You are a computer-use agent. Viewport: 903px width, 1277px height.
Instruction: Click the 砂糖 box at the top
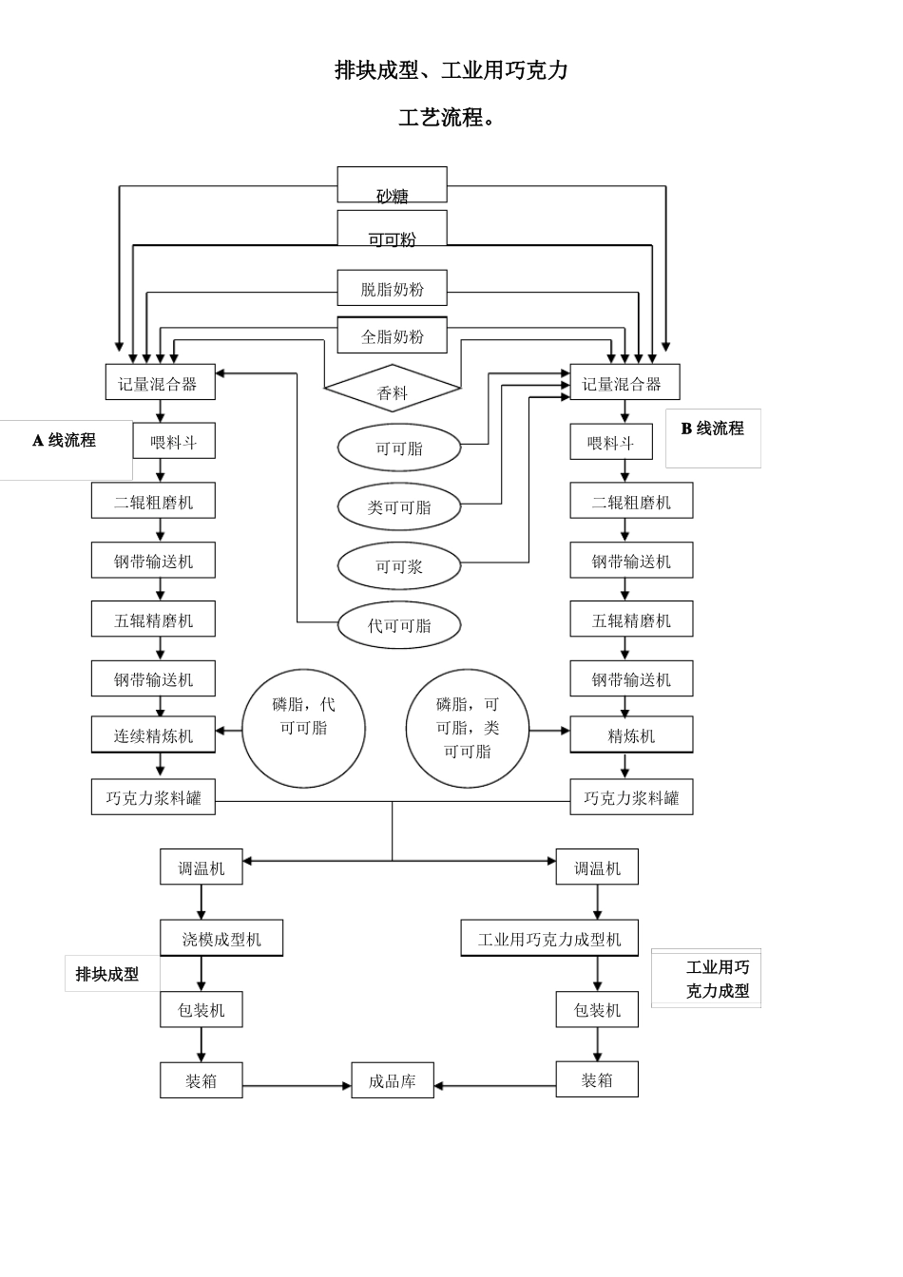point(392,184)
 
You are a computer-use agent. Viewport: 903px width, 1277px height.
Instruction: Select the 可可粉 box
point(392,228)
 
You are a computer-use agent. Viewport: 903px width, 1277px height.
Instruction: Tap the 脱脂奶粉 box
point(392,288)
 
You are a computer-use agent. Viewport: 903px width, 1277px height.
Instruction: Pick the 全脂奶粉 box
point(392,335)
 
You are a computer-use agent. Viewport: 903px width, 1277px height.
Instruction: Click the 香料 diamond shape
point(393,389)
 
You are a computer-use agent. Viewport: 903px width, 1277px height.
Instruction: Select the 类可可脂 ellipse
point(399,506)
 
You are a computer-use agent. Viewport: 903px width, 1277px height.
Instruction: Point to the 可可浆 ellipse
point(399,565)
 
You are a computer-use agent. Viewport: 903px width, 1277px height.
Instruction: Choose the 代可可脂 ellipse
point(399,625)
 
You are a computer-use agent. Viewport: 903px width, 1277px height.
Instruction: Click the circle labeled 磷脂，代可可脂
point(303,729)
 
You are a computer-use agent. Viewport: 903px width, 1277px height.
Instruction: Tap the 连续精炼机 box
point(153,734)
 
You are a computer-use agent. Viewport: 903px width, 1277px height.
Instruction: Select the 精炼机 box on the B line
point(631,734)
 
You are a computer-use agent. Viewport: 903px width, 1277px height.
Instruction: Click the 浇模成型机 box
point(221,938)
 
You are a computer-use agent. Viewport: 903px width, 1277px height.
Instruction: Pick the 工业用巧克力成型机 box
point(549,938)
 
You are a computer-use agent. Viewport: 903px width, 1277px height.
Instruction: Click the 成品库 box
point(393,1079)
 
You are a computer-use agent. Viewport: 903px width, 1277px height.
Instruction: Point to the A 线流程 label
point(64,440)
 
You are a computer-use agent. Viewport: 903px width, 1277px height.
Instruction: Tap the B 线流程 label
point(713,429)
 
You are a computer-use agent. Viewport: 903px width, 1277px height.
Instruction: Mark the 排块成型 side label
point(107,974)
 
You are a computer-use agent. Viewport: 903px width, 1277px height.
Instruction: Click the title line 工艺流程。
point(447,118)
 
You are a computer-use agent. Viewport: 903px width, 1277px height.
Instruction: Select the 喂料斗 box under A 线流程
point(174,441)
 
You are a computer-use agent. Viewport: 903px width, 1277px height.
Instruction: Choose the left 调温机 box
point(201,867)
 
